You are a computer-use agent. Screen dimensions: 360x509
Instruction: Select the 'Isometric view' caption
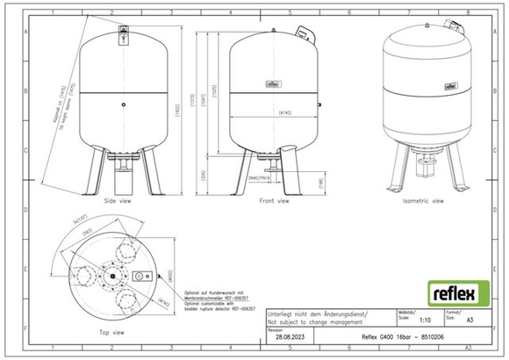click(x=423, y=200)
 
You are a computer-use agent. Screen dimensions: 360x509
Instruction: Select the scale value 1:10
click(x=426, y=321)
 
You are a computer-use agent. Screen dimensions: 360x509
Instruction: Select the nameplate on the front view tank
click(x=271, y=86)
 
